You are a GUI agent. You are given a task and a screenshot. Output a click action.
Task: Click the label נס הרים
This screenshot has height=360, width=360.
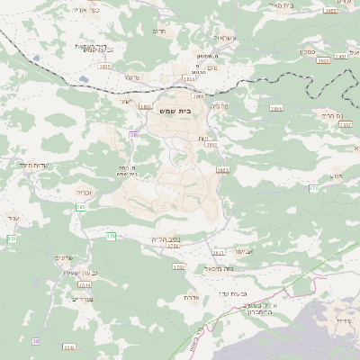(x=327, y=114)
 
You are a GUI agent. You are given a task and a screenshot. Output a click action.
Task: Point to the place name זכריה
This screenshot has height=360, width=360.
(x=84, y=192)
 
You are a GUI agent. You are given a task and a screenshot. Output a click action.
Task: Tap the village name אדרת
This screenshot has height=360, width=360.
(x=191, y=297)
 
